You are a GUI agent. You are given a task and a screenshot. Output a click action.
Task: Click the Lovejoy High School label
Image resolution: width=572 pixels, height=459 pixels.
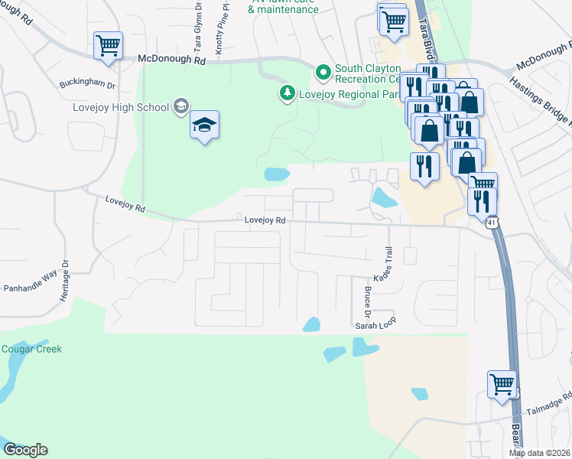(120, 107)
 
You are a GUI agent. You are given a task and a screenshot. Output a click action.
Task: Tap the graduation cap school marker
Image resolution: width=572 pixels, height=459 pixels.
(204, 125)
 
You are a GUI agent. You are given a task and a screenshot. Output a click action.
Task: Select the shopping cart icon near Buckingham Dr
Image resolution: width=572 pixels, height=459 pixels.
(108, 45)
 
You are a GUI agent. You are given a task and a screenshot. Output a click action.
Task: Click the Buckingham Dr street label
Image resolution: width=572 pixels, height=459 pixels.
(87, 85)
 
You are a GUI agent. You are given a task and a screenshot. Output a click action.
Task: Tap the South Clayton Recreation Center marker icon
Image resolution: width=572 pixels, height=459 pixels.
(323, 73)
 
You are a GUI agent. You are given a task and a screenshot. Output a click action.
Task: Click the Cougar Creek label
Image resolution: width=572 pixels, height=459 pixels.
(31, 350)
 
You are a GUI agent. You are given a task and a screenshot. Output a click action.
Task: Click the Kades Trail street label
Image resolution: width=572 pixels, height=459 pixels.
(382, 263)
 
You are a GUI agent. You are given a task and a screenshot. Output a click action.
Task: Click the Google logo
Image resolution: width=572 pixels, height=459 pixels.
(25, 450)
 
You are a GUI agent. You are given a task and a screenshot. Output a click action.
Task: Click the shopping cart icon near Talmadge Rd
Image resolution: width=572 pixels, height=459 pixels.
(502, 384)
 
